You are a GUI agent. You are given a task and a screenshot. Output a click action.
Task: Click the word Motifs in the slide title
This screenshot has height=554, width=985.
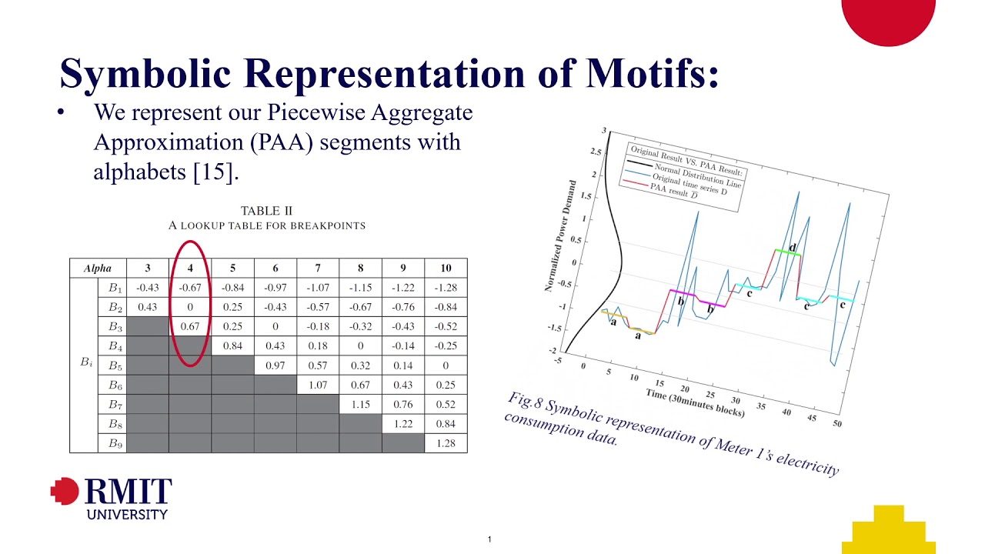coord(653,73)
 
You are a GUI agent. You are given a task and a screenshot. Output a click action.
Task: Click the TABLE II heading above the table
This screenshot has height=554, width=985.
coord(266,211)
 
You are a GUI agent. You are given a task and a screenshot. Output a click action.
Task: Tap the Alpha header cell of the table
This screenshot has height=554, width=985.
coord(98,269)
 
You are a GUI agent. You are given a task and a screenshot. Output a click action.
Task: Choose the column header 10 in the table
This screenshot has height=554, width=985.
coord(446,269)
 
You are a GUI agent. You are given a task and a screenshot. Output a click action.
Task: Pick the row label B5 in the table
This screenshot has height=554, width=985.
coord(115,366)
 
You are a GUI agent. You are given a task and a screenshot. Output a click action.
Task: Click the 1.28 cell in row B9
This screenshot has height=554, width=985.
coord(446,443)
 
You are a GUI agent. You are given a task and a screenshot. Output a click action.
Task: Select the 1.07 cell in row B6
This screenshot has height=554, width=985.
coord(318,385)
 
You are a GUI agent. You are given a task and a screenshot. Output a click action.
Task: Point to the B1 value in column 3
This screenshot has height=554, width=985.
coord(147,288)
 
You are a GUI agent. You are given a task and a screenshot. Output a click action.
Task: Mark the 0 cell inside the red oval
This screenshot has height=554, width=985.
coord(190,307)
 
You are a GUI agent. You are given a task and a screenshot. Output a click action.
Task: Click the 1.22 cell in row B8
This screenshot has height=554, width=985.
coord(403,424)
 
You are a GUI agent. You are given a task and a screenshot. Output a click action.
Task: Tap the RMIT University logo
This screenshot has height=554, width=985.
coord(112,498)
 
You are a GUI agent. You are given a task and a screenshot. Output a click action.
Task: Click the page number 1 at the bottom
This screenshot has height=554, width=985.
coord(489,539)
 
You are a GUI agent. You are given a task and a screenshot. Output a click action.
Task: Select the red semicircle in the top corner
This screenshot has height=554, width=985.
coord(888,19)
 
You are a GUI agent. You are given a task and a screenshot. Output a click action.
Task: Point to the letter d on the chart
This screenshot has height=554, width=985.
coord(793,246)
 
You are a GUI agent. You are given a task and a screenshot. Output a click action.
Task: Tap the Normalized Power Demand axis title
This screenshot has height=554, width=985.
coord(561,235)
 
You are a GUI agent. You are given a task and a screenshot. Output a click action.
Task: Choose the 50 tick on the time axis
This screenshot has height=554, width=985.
coord(836,424)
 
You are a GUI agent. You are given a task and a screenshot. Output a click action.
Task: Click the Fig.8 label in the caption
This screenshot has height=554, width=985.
coord(527,402)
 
